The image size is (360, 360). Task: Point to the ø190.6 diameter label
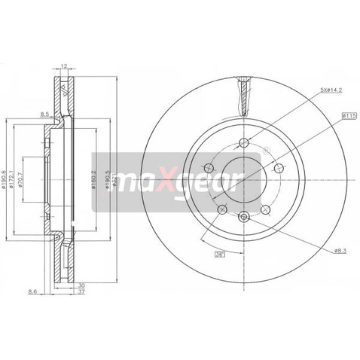[x=6, y=178]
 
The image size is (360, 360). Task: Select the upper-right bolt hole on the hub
[x=276, y=167]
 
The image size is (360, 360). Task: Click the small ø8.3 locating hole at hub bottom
[x=241, y=217]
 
